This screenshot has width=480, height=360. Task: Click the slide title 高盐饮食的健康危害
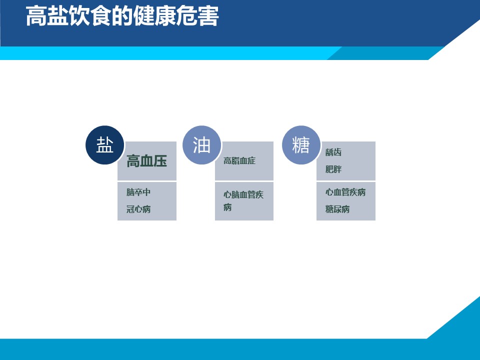pos(122,16)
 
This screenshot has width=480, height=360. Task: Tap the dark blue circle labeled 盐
pos(104,145)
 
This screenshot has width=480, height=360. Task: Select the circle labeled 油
pos(201,145)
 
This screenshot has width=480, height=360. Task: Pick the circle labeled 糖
pos(301,145)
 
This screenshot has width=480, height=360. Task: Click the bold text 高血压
pos(146,161)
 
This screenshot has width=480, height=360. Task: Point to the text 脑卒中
pos(138,192)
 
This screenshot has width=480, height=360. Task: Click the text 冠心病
pos(138,209)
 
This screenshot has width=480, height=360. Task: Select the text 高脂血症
pos(239,160)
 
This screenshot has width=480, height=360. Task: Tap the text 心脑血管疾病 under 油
pos(243,201)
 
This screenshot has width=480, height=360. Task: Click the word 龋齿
pos(333,152)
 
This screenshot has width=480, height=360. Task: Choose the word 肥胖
pos(333,169)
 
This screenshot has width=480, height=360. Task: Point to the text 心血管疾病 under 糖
pos(345,192)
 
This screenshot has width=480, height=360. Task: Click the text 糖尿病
pos(337,209)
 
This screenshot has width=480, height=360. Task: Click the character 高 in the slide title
pos(36,16)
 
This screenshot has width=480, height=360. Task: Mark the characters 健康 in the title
pos(154,16)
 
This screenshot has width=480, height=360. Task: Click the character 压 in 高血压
pos(160,161)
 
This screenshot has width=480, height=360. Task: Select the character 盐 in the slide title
pos(58,16)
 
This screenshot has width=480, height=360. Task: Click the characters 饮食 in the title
pos(90,16)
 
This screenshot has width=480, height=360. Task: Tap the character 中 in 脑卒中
pos(146,192)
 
